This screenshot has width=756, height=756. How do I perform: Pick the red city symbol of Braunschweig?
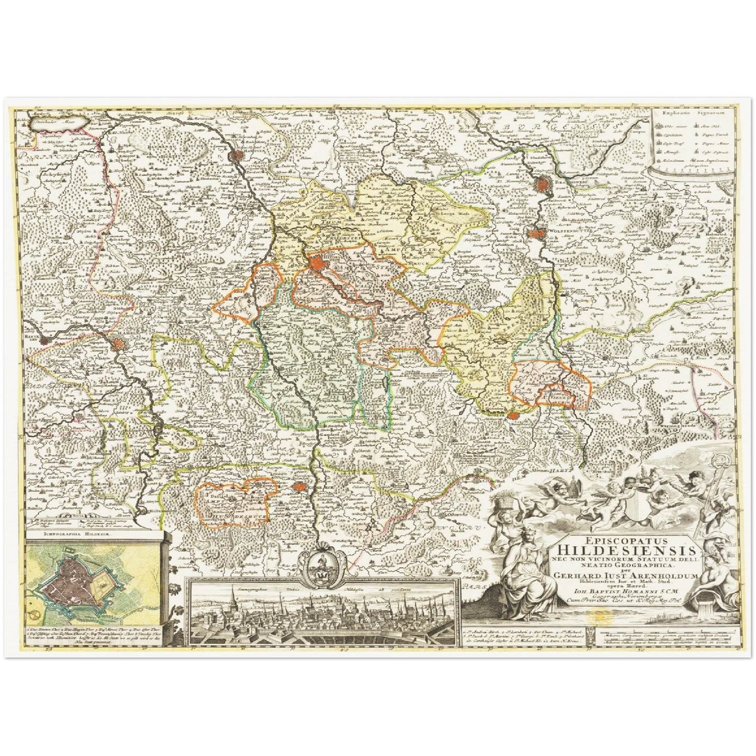[x=543, y=184]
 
